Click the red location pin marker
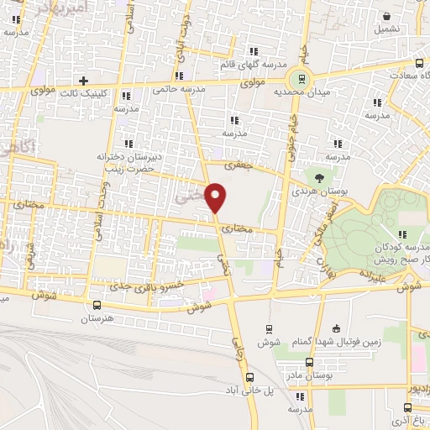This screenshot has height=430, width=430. [216, 197]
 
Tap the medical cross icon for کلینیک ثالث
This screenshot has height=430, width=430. [82, 80]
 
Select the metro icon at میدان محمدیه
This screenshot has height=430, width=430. [300, 81]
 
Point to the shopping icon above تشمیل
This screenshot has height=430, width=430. [385, 16]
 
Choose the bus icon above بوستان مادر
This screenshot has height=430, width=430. [309, 363]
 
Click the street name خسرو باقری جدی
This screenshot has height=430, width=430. [173, 286]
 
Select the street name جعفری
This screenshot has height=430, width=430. [242, 166]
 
